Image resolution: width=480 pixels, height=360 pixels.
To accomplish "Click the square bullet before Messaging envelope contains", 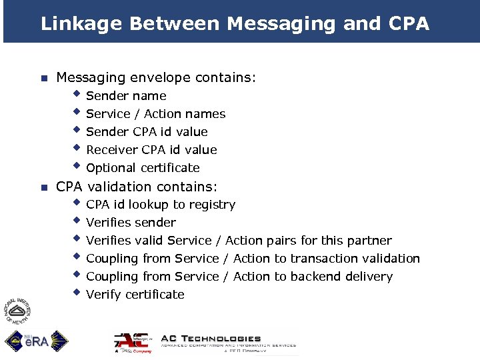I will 43,79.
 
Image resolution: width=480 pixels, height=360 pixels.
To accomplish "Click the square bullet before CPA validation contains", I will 43,187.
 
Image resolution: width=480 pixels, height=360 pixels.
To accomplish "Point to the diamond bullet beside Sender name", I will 77,94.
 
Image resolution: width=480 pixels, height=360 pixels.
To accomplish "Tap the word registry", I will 212,205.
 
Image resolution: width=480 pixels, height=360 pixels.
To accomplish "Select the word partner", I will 370,241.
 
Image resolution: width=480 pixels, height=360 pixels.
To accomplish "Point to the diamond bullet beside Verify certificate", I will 77,293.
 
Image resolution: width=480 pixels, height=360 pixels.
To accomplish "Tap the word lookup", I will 149,205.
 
